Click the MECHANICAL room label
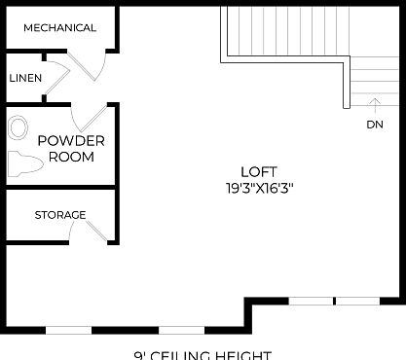click(x=59, y=27)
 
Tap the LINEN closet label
click(x=25, y=78)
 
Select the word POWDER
click(x=71, y=140)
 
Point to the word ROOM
click(x=71, y=156)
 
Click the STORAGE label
click(x=60, y=214)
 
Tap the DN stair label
click(x=375, y=124)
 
